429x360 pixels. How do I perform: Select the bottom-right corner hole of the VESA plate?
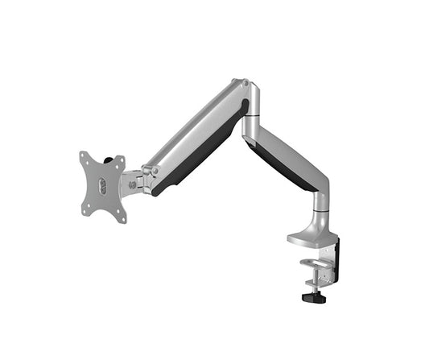pyautogui.click(x=122, y=217)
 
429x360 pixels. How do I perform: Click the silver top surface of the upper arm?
pyautogui.click(x=193, y=129)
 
